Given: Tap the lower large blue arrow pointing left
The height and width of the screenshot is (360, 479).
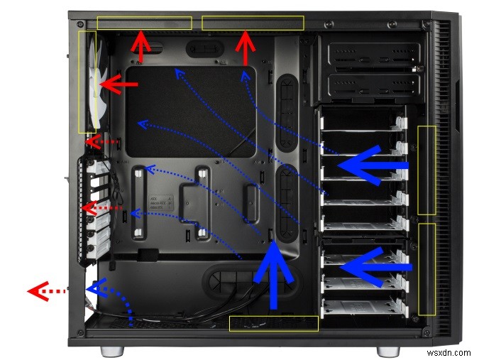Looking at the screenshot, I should click(x=375, y=266).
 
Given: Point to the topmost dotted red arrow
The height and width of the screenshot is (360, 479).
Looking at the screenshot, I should click(x=101, y=141).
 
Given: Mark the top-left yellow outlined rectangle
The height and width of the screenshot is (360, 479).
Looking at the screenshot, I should click(x=144, y=23).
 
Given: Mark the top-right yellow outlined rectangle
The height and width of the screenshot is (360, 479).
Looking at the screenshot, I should click(x=253, y=23).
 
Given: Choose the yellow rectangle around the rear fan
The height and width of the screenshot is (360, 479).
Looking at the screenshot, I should click(x=87, y=81).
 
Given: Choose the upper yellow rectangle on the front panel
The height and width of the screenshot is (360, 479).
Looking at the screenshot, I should click(x=426, y=170).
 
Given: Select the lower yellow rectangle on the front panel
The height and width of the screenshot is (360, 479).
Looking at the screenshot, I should click(x=426, y=269).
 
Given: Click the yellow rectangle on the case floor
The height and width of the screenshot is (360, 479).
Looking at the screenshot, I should click(x=274, y=324).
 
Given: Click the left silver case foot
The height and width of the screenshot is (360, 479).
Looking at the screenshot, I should click(x=112, y=351).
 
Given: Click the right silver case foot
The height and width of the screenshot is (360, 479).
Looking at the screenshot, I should click(x=387, y=351).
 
